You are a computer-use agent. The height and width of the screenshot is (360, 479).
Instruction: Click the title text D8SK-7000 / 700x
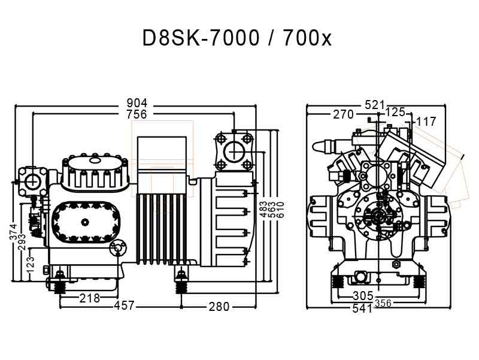coord(237,38)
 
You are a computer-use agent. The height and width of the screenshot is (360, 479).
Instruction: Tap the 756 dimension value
coord(136,114)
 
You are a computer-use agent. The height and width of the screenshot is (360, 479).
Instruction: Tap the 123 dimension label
coord(31,262)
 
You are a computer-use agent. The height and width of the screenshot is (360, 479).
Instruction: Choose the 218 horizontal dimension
coord(90,298)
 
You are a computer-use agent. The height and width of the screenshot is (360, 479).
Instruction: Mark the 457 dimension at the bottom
coord(124,307)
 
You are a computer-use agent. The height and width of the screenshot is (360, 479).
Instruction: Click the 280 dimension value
coord(219,307)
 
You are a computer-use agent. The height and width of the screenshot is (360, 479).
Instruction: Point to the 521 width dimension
coord(375,105)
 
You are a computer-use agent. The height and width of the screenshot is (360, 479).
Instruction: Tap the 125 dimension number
coord(395,112)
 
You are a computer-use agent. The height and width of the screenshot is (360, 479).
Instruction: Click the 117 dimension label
coord(426,122)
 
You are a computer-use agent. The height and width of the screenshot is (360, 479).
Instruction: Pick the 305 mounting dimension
coord(363,295)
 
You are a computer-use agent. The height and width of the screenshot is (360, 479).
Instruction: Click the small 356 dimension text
coord(383,303)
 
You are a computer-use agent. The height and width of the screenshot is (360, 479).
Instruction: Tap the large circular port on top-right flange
coord(232,151)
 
